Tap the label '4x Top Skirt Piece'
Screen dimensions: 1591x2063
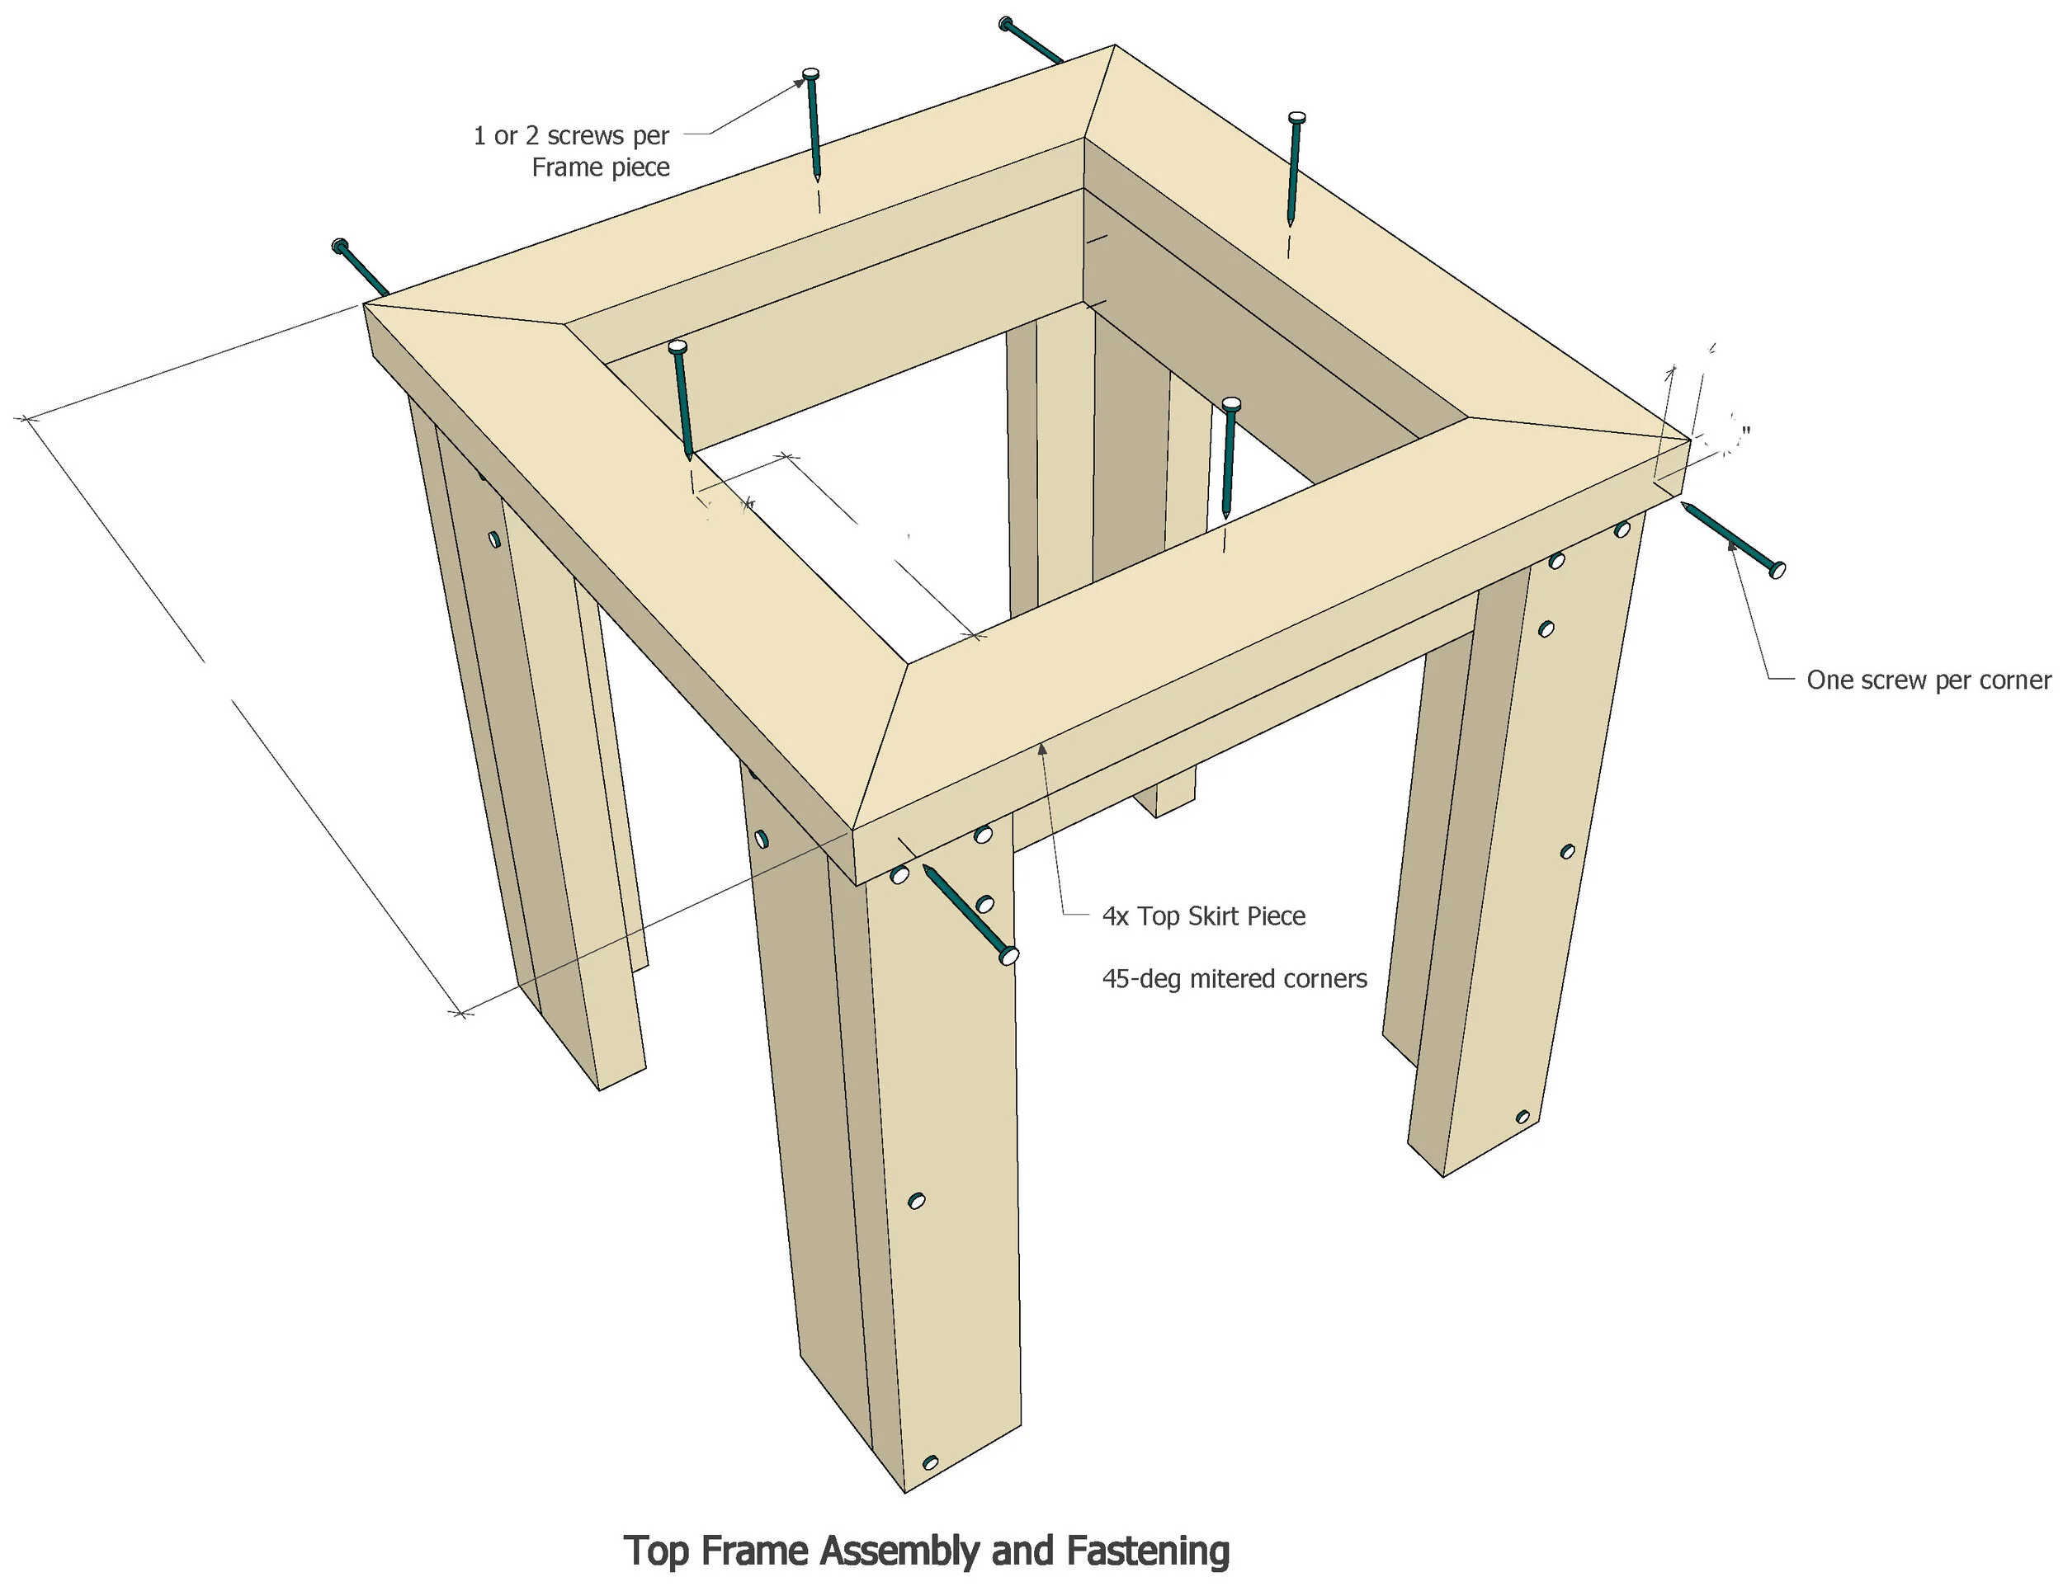[1203, 916]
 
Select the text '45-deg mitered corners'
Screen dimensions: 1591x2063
[1234, 978]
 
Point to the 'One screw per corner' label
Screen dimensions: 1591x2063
[1928, 680]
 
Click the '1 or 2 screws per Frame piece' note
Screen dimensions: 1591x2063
[573, 151]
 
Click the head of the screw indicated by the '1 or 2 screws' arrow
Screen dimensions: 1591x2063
[810, 74]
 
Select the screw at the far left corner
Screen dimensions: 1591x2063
[360, 266]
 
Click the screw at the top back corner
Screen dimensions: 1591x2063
[1031, 41]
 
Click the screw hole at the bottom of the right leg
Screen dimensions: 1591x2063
[1522, 1117]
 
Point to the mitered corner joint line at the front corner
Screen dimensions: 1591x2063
[879, 746]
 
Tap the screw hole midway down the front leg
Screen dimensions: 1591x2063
[915, 1201]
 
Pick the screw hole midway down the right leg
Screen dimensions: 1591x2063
[1567, 852]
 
